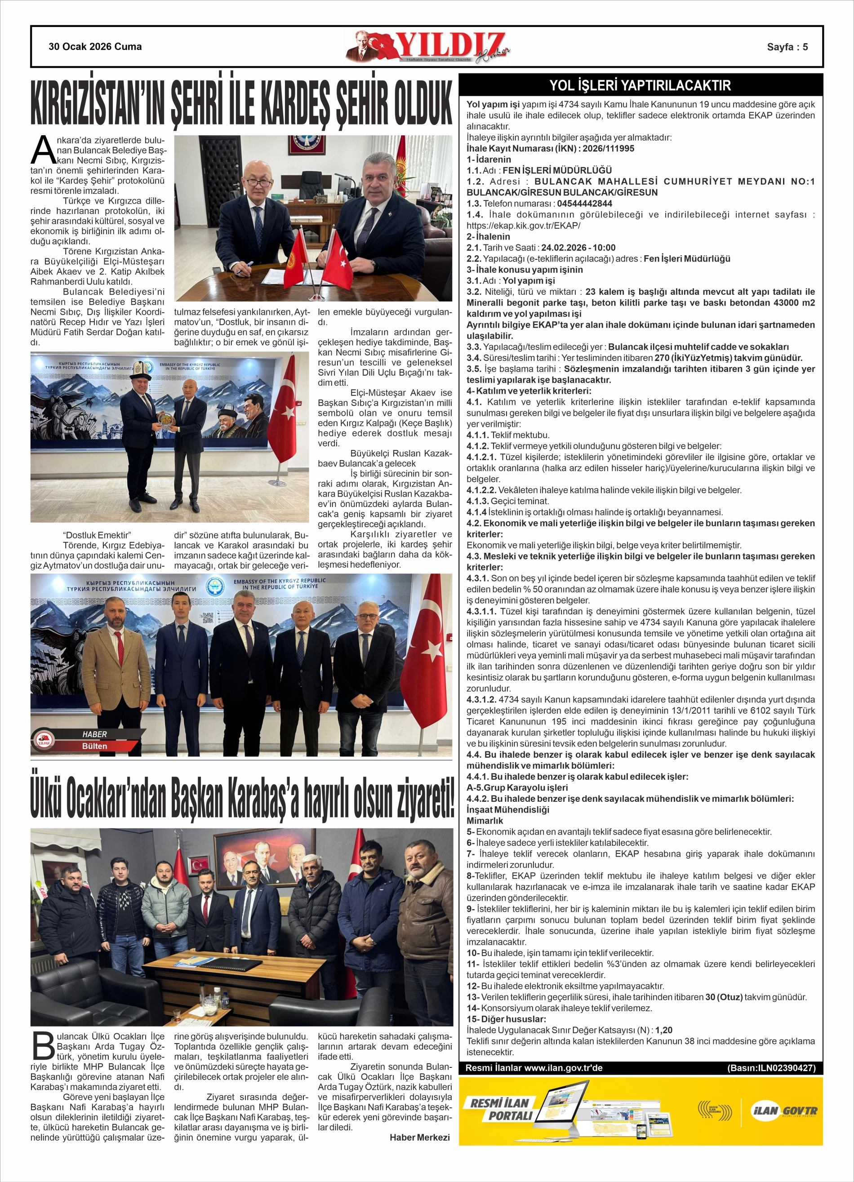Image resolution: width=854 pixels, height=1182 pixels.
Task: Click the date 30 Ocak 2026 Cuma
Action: click(x=95, y=46)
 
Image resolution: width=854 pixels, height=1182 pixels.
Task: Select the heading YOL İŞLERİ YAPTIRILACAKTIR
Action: click(x=640, y=85)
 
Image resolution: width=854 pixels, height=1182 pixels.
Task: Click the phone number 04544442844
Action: click(x=584, y=203)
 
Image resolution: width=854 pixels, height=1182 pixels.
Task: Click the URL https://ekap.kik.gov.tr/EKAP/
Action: click(x=523, y=226)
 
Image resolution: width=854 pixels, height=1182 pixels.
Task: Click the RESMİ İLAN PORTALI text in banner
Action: click(x=501, y=1109)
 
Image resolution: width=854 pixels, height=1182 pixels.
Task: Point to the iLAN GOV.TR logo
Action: click(x=783, y=1110)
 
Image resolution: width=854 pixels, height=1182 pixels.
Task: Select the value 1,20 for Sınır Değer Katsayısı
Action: click(x=664, y=1030)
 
